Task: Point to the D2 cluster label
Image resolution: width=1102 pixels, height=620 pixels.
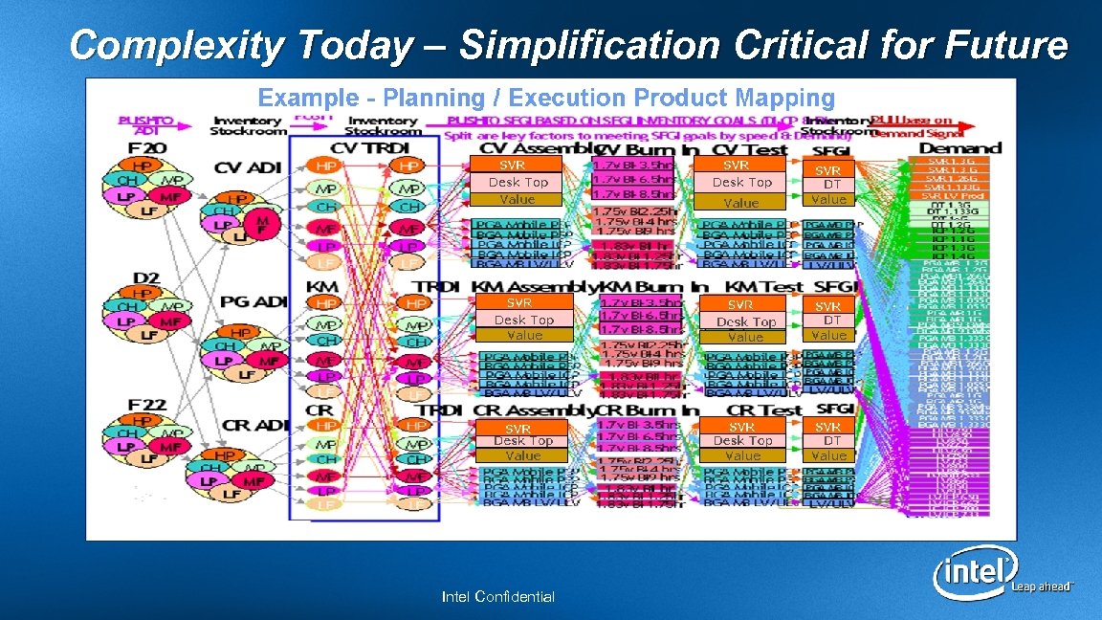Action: pyautogui.click(x=145, y=277)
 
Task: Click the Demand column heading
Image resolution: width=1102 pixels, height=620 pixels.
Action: pyautogui.click(x=959, y=148)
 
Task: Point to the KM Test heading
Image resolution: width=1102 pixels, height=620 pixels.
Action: pyautogui.click(x=763, y=286)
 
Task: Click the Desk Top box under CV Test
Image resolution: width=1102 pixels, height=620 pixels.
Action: pyautogui.click(x=741, y=182)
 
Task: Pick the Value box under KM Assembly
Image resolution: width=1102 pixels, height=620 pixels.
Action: pyautogui.click(x=523, y=336)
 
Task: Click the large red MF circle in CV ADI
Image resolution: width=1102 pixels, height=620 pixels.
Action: pyautogui.click(x=260, y=225)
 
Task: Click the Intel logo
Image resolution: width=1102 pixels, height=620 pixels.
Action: pyautogui.click(x=974, y=574)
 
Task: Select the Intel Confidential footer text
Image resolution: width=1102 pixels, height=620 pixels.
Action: pyautogui.click(x=497, y=597)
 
